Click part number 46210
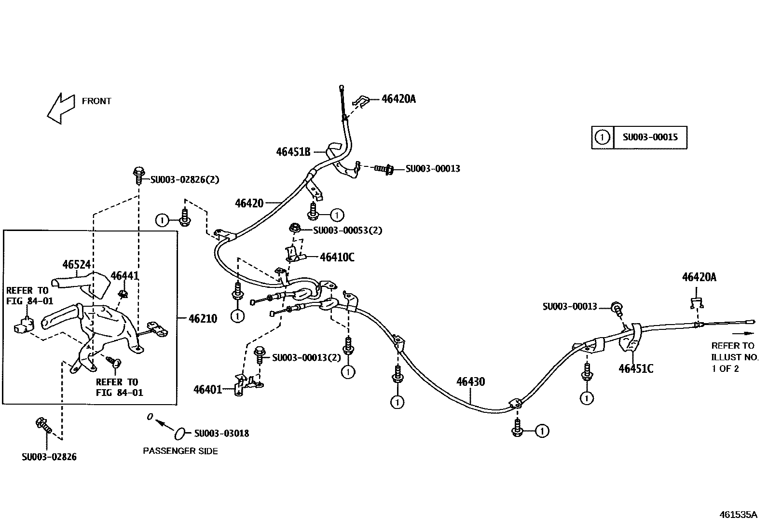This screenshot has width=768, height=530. pyautogui.click(x=203, y=319)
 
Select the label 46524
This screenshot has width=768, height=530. pyautogui.click(x=77, y=264)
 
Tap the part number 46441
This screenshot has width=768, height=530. pyautogui.click(x=124, y=276)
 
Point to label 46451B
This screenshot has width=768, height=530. pyautogui.click(x=293, y=151)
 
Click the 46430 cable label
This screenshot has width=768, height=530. pyautogui.click(x=470, y=382)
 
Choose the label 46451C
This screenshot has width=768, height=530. pyautogui.click(x=636, y=369)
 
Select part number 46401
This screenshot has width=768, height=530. pyautogui.click(x=207, y=389)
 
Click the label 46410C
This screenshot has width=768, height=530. pyautogui.click(x=337, y=258)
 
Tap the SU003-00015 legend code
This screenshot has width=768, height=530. pyautogui.click(x=650, y=137)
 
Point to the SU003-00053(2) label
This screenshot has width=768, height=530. pyautogui.click(x=347, y=231)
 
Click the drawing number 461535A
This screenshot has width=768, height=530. pyautogui.click(x=739, y=515)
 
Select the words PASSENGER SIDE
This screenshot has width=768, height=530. pyautogui.click(x=180, y=451)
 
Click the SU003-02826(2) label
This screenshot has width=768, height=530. pyautogui.click(x=184, y=180)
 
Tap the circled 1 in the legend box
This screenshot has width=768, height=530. pyautogui.click(x=602, y=137)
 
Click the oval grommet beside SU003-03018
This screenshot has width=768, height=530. pyautogui.click(x=179, y=433)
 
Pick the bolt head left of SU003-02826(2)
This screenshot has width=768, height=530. pyautogui.click(x=138, y=172)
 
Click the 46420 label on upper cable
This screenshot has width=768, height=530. pyautogui.click(x=249, y=203)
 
